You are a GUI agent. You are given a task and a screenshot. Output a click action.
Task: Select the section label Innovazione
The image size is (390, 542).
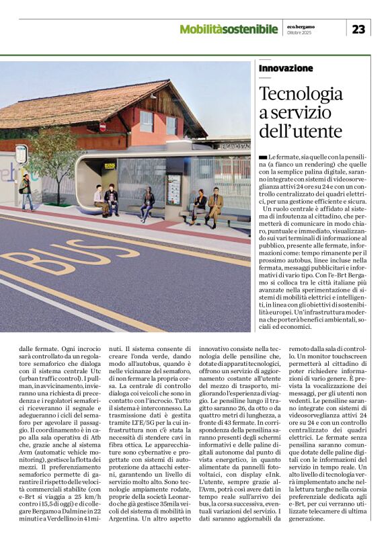(x=286, y=69)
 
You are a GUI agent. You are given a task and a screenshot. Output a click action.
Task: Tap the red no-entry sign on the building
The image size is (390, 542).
(x=102, y=126)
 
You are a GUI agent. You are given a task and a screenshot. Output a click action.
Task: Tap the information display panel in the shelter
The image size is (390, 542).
(x=173, y=189)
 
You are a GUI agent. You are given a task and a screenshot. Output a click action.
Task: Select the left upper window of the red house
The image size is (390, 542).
(x=146, y=121)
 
